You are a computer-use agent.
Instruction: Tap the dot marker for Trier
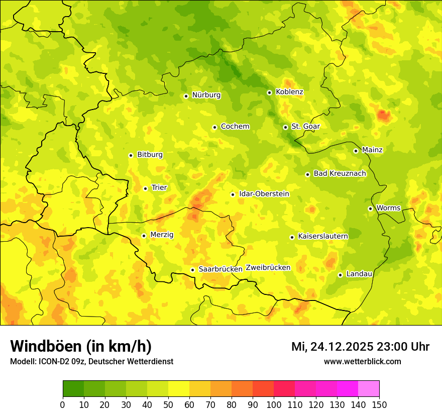146,188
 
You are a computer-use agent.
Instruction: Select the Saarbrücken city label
220,269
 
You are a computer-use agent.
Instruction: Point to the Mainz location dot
356,151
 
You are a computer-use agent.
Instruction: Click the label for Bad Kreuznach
340,173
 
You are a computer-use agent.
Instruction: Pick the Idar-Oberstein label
264,194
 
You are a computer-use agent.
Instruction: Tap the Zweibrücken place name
268,268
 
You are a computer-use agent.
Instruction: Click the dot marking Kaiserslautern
292,237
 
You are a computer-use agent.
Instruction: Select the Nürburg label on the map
206,95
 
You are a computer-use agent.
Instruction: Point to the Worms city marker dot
370,208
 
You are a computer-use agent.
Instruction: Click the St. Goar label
305,127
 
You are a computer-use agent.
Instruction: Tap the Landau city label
359,274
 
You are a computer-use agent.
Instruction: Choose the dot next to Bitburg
131,155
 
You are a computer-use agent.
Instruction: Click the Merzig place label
162,235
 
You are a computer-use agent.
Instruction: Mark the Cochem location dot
214,127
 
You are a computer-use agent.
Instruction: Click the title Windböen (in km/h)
80,346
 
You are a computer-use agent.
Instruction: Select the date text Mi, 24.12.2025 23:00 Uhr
360,347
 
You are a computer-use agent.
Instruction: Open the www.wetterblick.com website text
362,361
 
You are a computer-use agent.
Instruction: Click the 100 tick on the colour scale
274,404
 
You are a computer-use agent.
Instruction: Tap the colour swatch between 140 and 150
369,389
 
